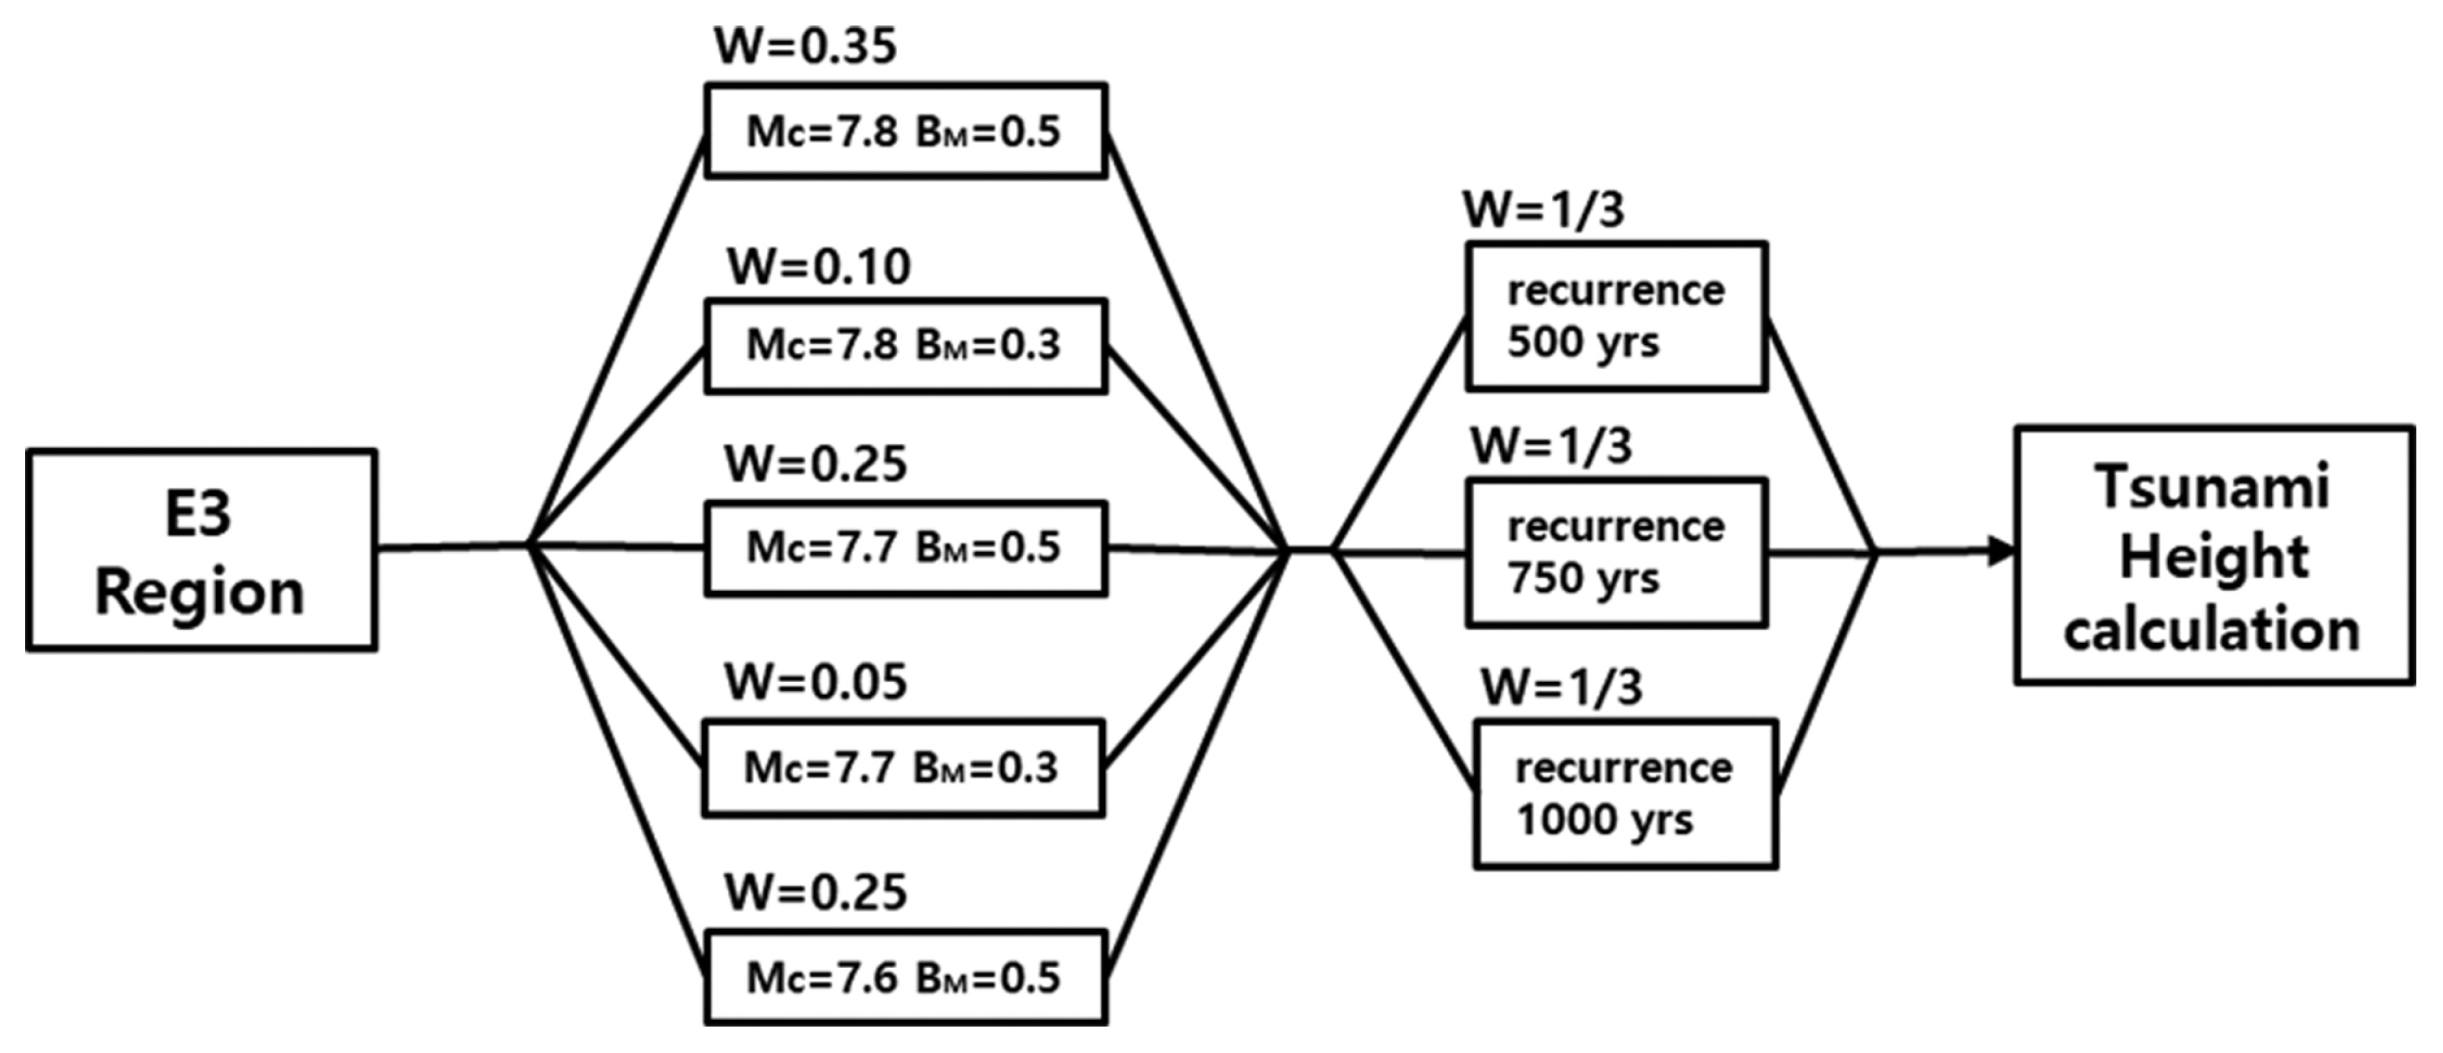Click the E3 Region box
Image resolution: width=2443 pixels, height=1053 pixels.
pyautogui.click(x=201, y=550)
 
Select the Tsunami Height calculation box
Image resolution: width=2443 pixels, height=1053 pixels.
pyautogui.click(x=2213, y=556)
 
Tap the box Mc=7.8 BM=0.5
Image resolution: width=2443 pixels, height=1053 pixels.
pyautogui.click(x=906, y=131)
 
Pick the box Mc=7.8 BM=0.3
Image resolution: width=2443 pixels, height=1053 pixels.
pyautogui.click(x=906, y=345)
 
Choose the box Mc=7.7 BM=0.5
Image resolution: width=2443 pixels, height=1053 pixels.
pyautogui.click(x=906, y=548)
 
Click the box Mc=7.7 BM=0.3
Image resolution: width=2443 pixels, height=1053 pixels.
pyautogui.click(x=903, y=768)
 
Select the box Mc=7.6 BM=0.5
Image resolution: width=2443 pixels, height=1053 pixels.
pyautogui.click(x=906, y=978)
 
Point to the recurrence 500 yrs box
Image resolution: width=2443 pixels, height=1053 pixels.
pyautogui.click(x=1616, y=316)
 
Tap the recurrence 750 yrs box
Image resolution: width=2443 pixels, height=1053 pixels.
pyautogui.click(x=1616, y=553)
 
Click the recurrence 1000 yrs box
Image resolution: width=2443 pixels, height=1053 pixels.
pyautogui.click(x=1625, y=794)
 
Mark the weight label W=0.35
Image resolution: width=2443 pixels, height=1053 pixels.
pyautogui.click(x=805, y=45)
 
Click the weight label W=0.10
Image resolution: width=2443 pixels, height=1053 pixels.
pyautogui.click(x=818, y=266)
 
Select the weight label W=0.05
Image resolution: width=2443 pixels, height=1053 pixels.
pyautogui.click(x=815, y=681)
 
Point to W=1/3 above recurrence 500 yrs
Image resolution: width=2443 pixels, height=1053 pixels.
pyautogui.click(x=1544, y=210)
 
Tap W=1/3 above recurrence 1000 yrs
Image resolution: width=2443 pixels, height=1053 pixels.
pyautogui.click(x=1562, y=687)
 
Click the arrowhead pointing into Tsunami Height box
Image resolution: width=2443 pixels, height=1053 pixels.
pyautogui.click(x=2001, y=550)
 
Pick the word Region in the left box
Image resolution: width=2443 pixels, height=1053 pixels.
pyautogui.click(x=200, y=593)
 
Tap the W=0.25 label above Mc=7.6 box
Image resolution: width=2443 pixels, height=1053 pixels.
pyautogui.click(x=815, y=892)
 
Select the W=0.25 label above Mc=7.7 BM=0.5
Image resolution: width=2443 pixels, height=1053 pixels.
pyautogui.click(x=815, y=465)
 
